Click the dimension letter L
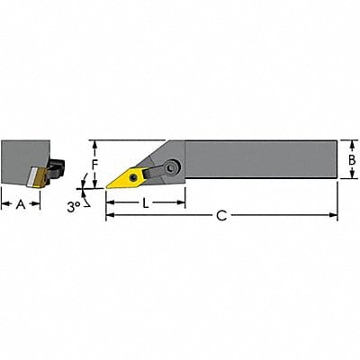tap(146, 204)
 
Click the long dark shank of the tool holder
tap(261, 160)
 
